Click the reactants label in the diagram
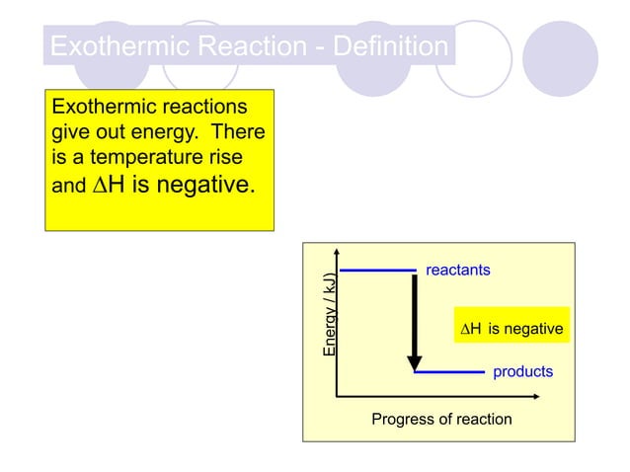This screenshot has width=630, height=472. pos(457,270)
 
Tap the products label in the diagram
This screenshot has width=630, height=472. pos(522,372)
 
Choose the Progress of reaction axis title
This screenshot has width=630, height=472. pos(441,420)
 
